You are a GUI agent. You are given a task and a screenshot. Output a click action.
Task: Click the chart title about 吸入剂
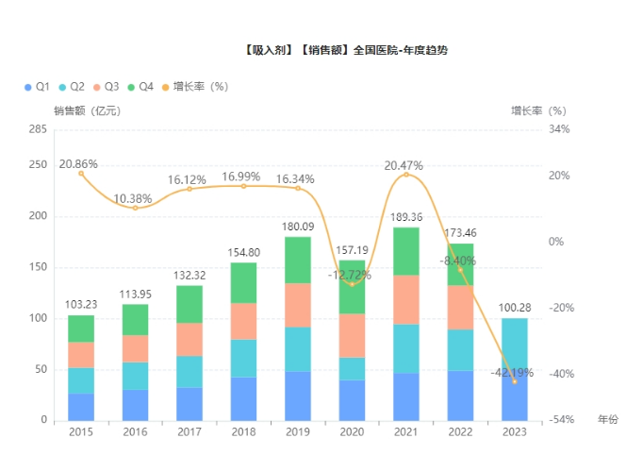pos(344,49)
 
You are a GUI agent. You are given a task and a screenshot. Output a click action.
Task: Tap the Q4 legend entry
pos(140,87)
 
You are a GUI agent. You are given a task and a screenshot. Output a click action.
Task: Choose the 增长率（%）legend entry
pos(197,87)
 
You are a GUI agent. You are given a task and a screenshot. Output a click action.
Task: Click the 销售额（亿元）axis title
pos(87,110)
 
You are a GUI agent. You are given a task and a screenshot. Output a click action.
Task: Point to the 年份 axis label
pos(608,419)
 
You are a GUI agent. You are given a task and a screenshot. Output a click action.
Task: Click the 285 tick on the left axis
pos(37,129)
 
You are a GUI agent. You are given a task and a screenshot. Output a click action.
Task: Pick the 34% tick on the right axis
pos(559,129)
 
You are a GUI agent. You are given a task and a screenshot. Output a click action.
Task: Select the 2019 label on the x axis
pos(297,431)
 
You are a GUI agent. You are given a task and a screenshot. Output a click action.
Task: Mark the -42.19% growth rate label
pos(512,372)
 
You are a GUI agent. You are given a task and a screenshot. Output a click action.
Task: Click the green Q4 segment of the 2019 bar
pos(297,260)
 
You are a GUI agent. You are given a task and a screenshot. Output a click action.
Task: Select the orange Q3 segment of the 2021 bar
pos(405,299)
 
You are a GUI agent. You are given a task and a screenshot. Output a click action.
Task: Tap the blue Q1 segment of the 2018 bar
pos(243,398)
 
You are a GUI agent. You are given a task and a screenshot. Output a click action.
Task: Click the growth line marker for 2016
pos(135,208)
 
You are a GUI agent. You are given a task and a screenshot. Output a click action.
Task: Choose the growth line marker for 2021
pos(406,175)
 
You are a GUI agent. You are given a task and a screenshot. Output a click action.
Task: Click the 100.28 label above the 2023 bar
pos(514,308)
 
